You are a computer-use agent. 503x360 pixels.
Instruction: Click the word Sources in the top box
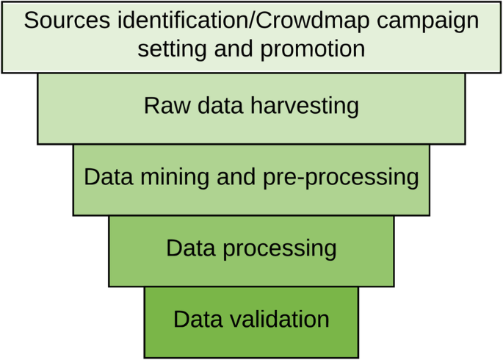tap(64, 20)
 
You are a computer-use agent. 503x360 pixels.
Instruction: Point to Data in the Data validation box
tap(197, 320)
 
